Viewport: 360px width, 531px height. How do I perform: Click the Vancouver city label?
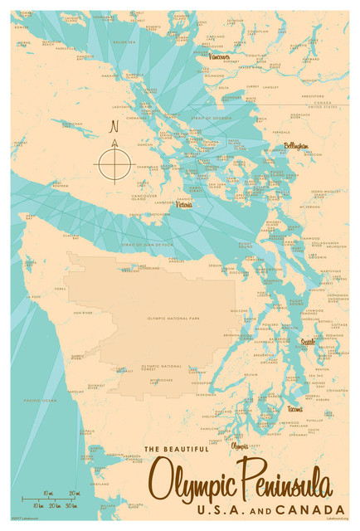220,57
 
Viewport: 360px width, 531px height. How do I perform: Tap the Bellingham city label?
296,146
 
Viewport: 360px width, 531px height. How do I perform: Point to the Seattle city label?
308,341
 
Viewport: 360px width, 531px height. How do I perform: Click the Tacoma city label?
295,409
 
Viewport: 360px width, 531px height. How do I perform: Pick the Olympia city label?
240,446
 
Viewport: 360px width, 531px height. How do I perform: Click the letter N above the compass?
114,129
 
